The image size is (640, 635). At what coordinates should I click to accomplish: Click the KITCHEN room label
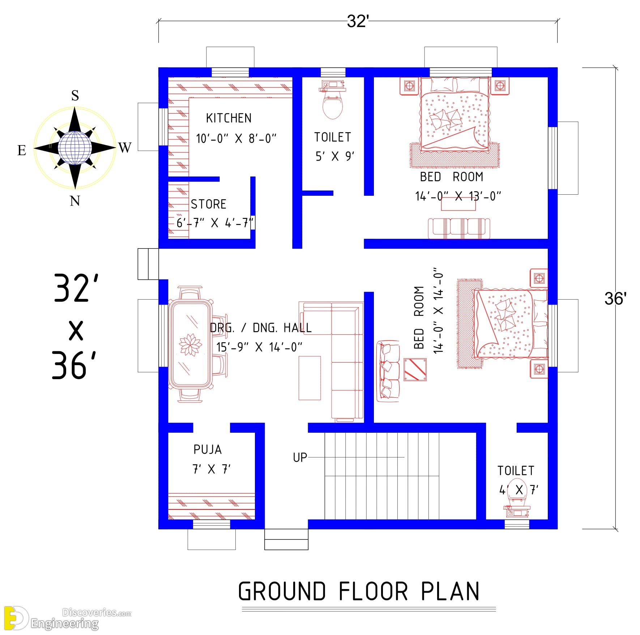pos(229,118)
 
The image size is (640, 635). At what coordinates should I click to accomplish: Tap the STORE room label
pos(208,204)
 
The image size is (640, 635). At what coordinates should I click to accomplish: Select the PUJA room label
pos(208,450)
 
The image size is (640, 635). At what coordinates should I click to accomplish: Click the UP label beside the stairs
pos(300,458)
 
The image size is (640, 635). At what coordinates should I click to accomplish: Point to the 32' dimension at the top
pos(358,22)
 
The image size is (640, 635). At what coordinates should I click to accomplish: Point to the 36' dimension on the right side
pos(615,299)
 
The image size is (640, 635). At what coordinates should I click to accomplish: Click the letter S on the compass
pos(75,96)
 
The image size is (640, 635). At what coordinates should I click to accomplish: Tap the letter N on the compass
pos(75,201)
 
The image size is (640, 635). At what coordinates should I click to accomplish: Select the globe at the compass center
pos(75,148)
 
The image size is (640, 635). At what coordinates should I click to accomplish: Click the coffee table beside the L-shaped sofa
pos(310,378)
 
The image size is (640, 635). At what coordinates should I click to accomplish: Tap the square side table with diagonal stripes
pos(415,369)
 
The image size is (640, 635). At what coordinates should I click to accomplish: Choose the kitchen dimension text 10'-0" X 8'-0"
pos(236,139)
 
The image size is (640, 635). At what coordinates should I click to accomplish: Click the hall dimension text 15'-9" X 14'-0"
pos(259,347)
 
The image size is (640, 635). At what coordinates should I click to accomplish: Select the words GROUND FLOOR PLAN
pos(359,591)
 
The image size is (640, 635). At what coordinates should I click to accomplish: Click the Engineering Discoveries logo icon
pos(15,618)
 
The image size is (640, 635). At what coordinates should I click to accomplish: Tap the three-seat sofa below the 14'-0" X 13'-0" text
pos(459,229)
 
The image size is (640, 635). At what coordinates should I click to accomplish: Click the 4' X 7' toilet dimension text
pos(519,490)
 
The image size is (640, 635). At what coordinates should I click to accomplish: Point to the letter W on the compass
pos(124,148)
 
